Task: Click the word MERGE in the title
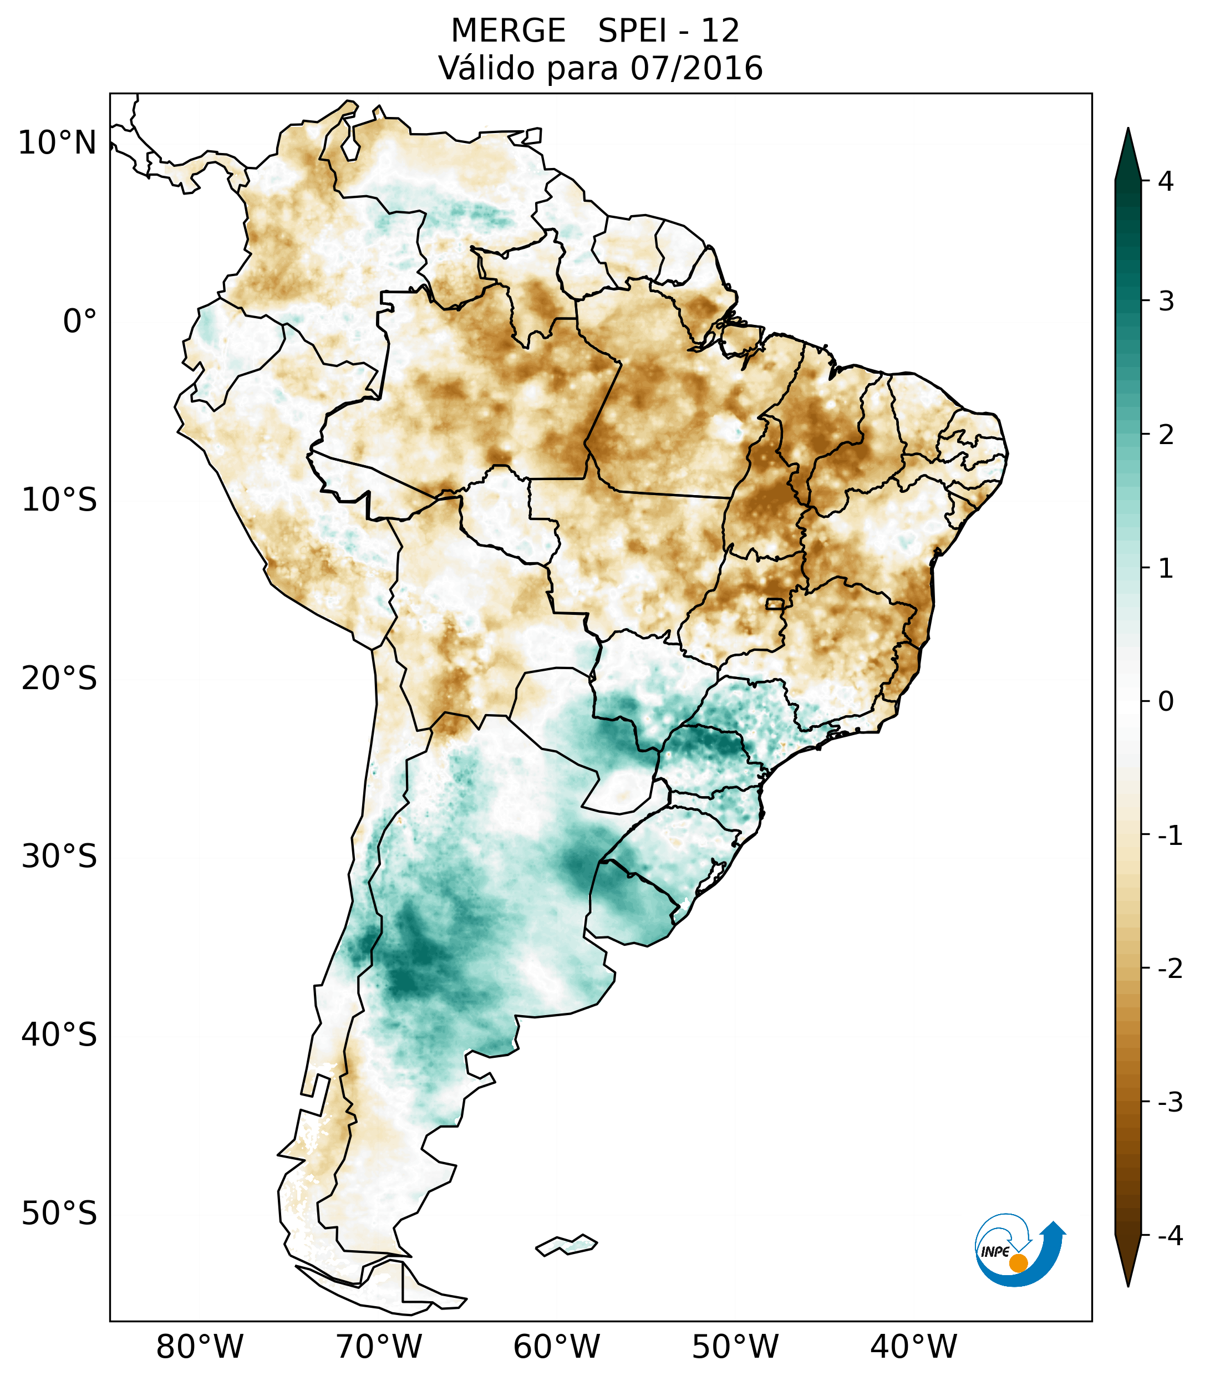pos(507,31)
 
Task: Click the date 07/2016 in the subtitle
pos(696,68)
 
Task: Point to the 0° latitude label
pos(80,322)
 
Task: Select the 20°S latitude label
pos(59,679)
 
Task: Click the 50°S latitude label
pos(59,1214)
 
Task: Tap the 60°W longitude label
pos(556,1347)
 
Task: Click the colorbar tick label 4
pos(1166,181)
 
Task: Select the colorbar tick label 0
pos(1166,702)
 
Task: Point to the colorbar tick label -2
pos(1170,969)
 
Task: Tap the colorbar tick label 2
pos(1166,435)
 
